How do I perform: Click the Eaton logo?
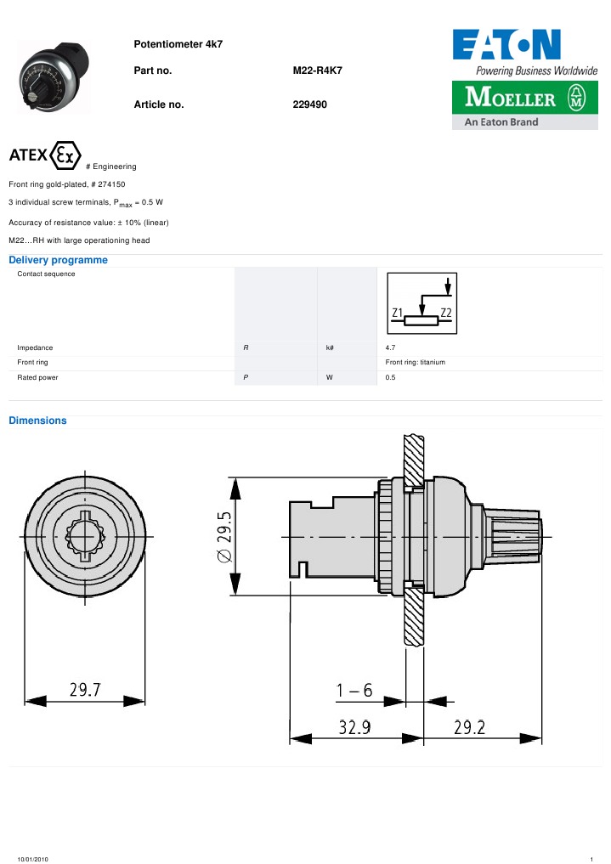[x=506, y=44]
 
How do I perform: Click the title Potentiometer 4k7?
[x=178, y=43]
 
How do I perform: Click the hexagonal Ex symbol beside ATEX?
[x=66, y=155]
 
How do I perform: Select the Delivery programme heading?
[x=58, y=260]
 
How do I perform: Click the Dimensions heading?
[x=37, y=421]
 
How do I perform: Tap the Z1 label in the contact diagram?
[x=397, y=313]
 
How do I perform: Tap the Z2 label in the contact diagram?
[x=446, y=313]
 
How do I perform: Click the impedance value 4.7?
[x=390, y=348]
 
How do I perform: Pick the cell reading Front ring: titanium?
[x=415, y=363]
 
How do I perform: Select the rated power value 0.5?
[x=390, y=377]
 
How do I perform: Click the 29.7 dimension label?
[x=85, y=692]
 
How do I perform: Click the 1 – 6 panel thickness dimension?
[x=354, y=692]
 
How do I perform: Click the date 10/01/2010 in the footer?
[x=33, y=860]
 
